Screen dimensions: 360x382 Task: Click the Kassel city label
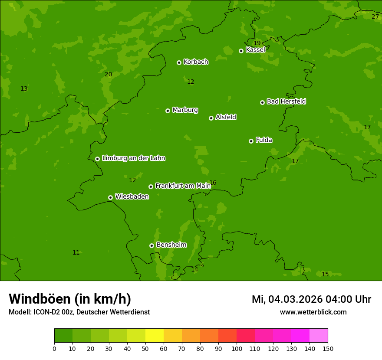pos(255,50)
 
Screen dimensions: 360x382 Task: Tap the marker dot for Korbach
pos(179,62)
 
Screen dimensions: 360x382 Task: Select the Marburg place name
pos(185,110)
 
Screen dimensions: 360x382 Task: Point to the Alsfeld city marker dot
pos(211,118)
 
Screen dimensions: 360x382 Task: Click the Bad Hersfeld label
pos(286,101)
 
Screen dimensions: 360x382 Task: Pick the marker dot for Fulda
pos(251,141)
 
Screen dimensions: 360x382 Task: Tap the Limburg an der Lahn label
pos(133,158)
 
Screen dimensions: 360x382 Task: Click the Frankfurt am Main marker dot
pos(151,187)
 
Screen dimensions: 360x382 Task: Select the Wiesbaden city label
pos(132,196)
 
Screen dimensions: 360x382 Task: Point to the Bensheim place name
pos(171,245)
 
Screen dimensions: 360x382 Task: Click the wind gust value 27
pos(375,16)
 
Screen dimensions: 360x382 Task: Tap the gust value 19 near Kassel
pos(257,43)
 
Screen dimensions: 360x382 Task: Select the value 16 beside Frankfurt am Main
pos(213,183)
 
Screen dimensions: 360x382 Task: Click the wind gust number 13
pos(24,89)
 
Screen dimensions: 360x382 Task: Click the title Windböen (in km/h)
pos(70,299)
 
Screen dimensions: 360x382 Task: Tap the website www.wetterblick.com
pos(313,312)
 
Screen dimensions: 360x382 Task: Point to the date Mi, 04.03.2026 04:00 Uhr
pos(311,299)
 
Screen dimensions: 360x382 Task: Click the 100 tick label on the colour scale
pos(237,348)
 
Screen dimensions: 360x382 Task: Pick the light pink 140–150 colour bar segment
pos(319,336)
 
